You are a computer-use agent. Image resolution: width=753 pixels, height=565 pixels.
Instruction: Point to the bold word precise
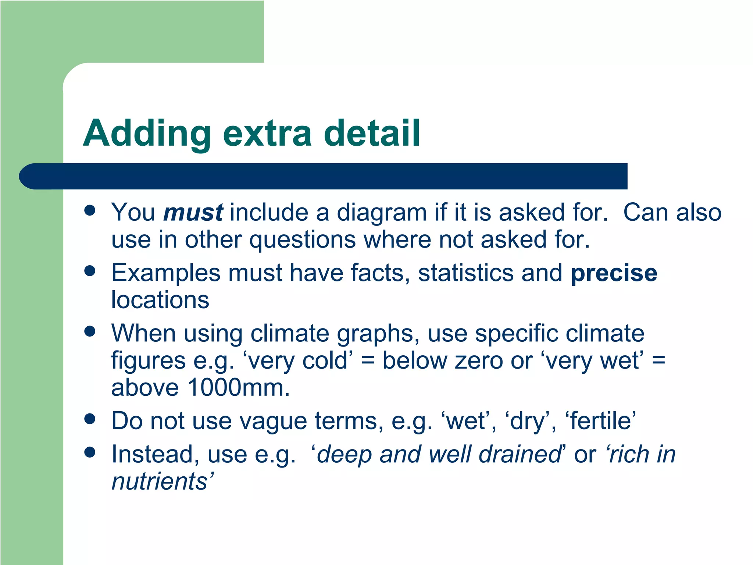coord(614,273)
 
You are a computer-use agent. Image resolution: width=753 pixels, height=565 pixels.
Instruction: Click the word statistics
coord(466,273)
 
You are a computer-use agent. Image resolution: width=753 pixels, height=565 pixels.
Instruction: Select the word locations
coord(160,300)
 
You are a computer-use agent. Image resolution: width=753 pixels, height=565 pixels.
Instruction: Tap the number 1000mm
coord(238,388)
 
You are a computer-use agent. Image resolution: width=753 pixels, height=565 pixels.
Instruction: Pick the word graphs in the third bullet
coord(378,334)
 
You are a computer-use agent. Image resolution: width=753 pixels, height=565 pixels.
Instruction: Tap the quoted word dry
coord(528,421)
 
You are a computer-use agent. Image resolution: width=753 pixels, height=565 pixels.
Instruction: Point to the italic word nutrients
coord(160,482)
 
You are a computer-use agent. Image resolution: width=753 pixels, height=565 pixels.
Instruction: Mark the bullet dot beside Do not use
coord(90,419)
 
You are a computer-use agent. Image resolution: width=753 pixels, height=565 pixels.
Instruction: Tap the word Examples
coord(166,273)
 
